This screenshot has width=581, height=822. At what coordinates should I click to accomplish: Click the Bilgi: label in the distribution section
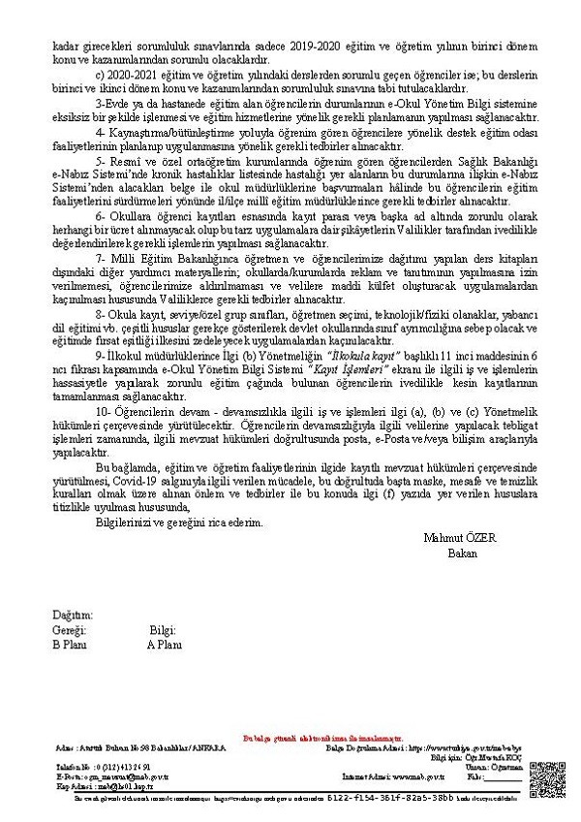point(163,629)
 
